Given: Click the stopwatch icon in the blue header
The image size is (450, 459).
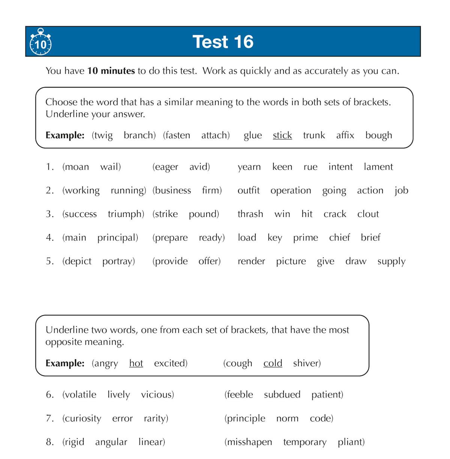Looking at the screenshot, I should (x=40, y=42).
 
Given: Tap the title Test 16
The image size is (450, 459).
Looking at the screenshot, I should (x=223, y=42).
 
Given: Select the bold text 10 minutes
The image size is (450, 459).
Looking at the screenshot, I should (x=111, y=71).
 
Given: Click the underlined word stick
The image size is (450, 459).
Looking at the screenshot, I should (x=282, y=135).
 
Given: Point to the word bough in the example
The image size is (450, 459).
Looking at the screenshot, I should (x=379, y=135).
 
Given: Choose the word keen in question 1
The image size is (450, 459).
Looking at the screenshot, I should (x=282, y=167).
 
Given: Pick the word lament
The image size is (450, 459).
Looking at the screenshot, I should (x=378, y=167).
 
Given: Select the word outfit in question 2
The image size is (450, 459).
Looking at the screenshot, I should (x=249, y=190).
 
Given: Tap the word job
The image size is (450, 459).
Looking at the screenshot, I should (x=401, y=190).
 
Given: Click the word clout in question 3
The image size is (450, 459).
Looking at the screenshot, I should (x=368, y=214).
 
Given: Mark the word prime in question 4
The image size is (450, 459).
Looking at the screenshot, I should (x=306, y=238).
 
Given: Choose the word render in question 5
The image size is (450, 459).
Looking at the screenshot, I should (x=251, y=261).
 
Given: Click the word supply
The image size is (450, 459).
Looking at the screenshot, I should (x=391, y=261).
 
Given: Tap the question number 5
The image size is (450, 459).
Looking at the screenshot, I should (x=50, y=261).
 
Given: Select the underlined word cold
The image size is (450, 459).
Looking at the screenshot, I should (x=273, y=363).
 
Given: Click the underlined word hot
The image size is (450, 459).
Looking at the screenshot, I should (x=136, y=363).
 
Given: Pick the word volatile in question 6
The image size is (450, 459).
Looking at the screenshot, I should (x=79, y=395).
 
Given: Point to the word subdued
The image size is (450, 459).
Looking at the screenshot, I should (x=282, y=395).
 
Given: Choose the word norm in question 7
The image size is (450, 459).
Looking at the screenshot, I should (x=287, y=418).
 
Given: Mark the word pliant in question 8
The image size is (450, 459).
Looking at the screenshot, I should (x=351, y=442).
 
